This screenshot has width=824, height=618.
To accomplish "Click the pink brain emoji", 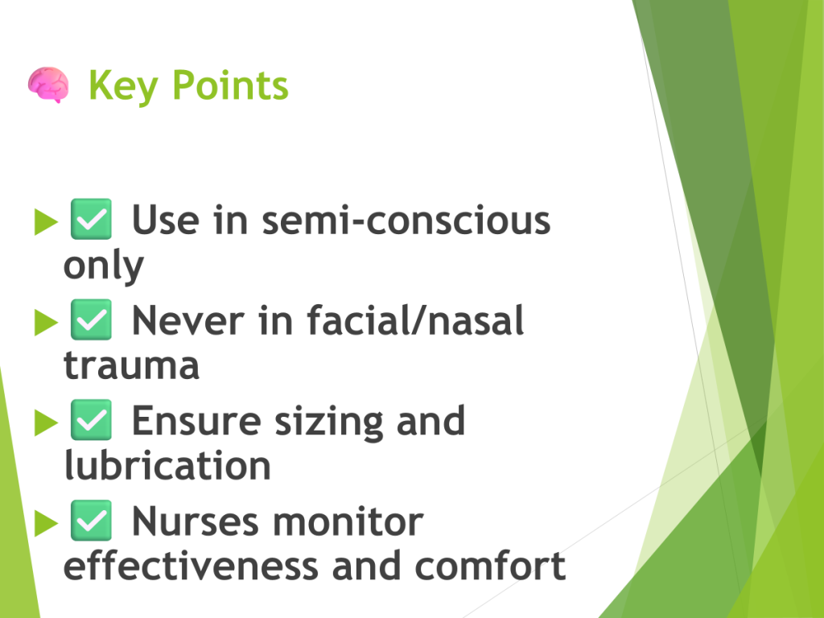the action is [48, 84].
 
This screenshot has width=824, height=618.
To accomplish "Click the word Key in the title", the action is [123, 85].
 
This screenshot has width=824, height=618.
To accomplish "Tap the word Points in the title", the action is [230, 84].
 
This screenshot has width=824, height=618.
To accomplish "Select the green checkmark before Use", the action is [91, 219].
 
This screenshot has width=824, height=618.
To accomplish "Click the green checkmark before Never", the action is [91, 319].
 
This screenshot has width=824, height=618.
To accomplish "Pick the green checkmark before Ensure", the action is [91, 420].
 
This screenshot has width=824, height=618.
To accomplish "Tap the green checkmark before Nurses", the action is [91, 521].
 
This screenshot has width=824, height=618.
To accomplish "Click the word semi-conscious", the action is [406, 220].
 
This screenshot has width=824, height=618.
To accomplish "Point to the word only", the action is [104, 266].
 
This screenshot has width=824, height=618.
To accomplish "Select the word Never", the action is [187, 320].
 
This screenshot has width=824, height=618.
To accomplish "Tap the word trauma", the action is [131, 365].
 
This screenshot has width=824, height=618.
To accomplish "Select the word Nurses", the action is [196, 521].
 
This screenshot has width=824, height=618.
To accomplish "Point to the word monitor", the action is [348, 521].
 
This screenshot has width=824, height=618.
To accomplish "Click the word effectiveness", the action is [191, 566].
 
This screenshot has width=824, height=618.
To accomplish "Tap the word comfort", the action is [490, 566].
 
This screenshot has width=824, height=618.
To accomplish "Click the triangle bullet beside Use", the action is [46, 222].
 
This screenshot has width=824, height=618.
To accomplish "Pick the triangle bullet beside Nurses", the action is [46, 523].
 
